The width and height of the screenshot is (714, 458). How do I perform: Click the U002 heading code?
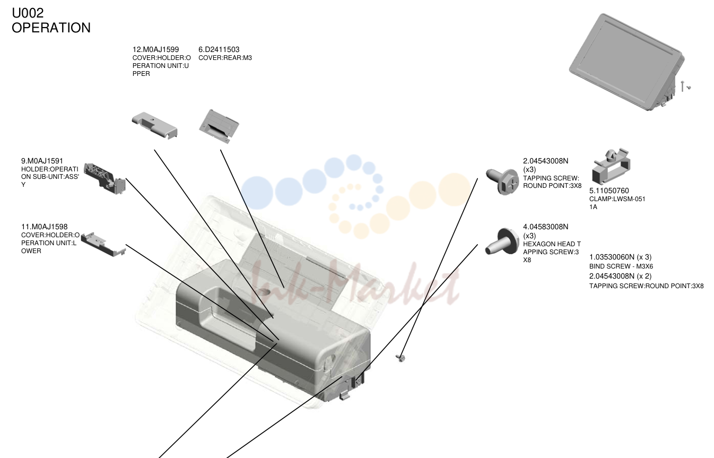28,13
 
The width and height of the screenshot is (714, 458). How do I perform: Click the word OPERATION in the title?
51,28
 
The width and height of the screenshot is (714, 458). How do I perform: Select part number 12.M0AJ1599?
155,49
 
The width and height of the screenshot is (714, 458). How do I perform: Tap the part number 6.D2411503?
219,49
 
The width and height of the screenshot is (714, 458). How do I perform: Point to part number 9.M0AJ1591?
42,161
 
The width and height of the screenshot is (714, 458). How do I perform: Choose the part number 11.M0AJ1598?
45,227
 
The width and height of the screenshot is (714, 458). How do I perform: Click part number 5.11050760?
609,191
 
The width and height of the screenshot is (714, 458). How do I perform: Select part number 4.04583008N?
545,227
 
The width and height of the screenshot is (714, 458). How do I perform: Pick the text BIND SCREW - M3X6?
621,266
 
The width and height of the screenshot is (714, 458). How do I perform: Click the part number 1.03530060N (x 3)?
620,257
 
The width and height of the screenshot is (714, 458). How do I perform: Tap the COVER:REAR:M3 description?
225,58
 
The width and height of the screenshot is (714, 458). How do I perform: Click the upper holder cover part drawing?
154,125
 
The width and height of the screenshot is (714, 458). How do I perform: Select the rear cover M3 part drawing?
219,126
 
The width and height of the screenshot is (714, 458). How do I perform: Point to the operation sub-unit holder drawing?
105,179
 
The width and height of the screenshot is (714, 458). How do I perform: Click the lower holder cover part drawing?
103,244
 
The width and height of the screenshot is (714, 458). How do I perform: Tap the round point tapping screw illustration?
502,182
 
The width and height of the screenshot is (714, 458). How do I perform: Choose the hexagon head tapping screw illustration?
502,242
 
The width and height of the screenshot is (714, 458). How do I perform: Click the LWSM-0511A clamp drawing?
611,166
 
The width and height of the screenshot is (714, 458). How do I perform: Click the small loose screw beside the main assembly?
400,358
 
